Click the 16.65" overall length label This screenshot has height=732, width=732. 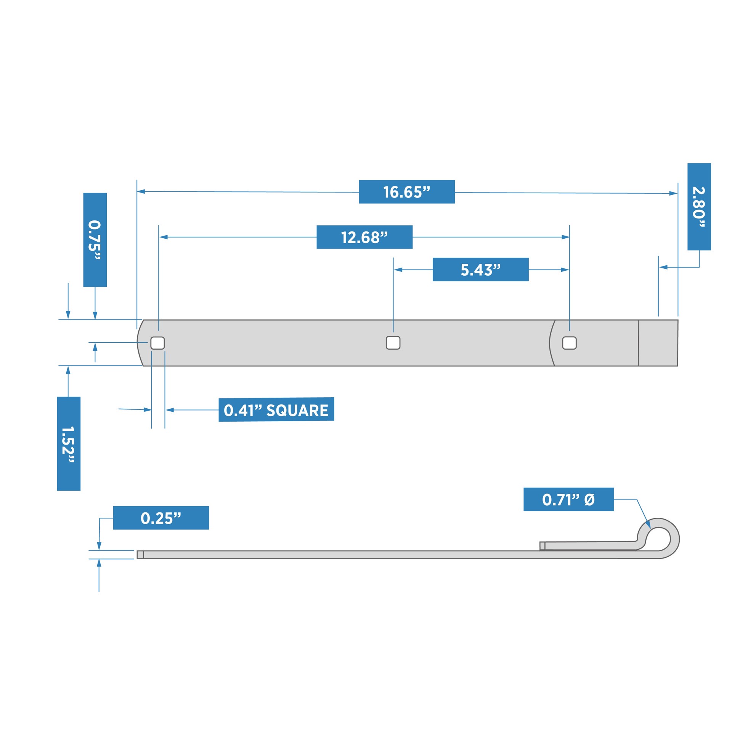coord(406,192)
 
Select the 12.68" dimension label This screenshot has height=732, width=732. coord(364,237)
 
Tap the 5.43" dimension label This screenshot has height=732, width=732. coord(480,270)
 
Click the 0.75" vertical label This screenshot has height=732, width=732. coord(95,240)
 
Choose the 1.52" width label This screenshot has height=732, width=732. coord(69,444)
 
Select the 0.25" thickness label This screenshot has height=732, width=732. coord(161,518)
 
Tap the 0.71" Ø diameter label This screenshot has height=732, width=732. coord(568,499)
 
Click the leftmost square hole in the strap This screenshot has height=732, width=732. coord(157,343)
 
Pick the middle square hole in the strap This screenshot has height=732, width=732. coord(393,343)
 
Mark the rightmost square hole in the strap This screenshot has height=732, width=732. coord(569,343)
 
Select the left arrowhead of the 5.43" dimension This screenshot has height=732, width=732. coord(398,270)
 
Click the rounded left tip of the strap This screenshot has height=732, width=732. coord(140,343)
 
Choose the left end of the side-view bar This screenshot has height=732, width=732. coord(140,555)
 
